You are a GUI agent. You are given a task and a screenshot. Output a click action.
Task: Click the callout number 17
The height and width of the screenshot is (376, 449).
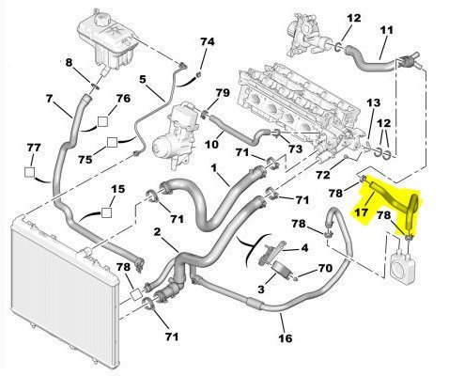pos(362,212)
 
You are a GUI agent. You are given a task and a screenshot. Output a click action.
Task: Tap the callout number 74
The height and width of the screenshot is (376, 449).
pos(208,42)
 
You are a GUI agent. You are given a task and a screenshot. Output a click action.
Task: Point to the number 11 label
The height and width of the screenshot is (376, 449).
pos(387,30)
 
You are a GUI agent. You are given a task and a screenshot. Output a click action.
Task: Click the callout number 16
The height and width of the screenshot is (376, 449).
pos(286,338)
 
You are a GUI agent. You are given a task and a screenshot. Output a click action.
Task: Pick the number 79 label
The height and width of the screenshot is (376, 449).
pos(223,93)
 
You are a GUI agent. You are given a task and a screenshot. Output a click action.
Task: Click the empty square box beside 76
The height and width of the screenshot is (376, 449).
pos(102,121)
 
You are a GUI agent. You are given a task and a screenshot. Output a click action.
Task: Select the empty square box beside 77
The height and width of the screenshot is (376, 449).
pos(30,172)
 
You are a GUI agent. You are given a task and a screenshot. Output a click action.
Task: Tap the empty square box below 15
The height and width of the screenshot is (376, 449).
pos(106,212)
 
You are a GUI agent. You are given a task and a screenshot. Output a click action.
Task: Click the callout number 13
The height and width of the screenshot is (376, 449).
pos(374,102)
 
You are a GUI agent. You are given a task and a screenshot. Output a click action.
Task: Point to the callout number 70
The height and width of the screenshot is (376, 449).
pos(325,268)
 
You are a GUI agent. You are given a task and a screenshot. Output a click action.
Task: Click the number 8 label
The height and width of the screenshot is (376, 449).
pos(69,63)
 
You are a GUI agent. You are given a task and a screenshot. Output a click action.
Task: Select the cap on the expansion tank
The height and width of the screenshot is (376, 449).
pos(101,15)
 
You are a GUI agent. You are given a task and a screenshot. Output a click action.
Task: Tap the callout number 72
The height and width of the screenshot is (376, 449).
pos(323,175)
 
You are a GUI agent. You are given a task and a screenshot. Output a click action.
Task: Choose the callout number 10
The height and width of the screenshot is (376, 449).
pos(211,145)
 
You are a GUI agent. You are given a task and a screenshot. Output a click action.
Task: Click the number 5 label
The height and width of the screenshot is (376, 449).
pos(143,79)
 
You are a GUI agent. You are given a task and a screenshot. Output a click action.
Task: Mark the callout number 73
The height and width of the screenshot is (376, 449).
pos(295,149)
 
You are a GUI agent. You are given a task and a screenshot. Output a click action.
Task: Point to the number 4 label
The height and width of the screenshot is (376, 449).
pos(304,248)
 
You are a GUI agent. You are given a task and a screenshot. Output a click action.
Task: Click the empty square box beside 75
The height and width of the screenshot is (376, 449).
pos(112,143)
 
